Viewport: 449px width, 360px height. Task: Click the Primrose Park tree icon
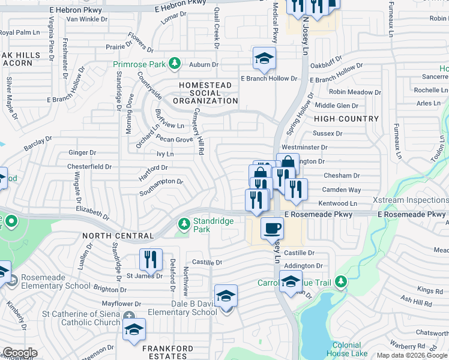click(174, 63)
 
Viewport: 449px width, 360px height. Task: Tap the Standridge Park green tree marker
click(184, 224)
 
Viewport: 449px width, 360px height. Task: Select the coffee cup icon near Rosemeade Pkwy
click(272, 228)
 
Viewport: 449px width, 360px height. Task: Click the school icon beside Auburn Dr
click(264, 59)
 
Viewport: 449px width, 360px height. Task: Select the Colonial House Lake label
click(346, 349)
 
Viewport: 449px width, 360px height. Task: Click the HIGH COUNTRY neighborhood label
click(346, 119)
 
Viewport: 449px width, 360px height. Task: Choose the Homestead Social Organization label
click(205, 93)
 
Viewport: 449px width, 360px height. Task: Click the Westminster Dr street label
click(304, 147)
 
